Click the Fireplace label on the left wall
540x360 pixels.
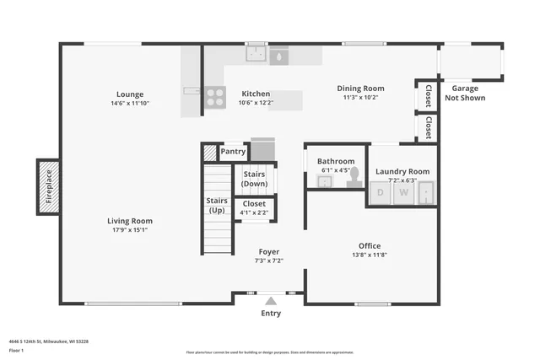pyautogui.click(x=48, y=185)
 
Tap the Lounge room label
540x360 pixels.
pyautogui.click(x=130, y=94)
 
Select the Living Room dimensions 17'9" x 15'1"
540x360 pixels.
pyautogui.click(x=130, y=229)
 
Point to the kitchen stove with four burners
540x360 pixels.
pyautogui.click(x=215, y=97)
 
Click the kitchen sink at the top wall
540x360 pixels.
pyautogui.click(x=256, y=55)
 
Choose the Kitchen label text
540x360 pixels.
pyautogui.click(x=256, y=94)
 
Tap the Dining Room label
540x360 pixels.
pyautogui.click(x=360, y=88)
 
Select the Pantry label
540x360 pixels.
pyautogui.click(x=233, y=152)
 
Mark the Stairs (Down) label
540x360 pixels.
pyautogui.click(x=254, y=179)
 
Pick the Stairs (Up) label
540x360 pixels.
pyautogui.click(x=217, y=205)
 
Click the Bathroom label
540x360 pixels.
pyautogui.click(x=336, y=161)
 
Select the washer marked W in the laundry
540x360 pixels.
pyautogui.click(x=404, y=193)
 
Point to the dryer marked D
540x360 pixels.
pyautogui.click(x=380, y=193)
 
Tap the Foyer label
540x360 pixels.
pyautogui.click(x=269, y=251)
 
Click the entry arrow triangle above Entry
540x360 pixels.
pyautogui.click(x=270, y=299)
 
